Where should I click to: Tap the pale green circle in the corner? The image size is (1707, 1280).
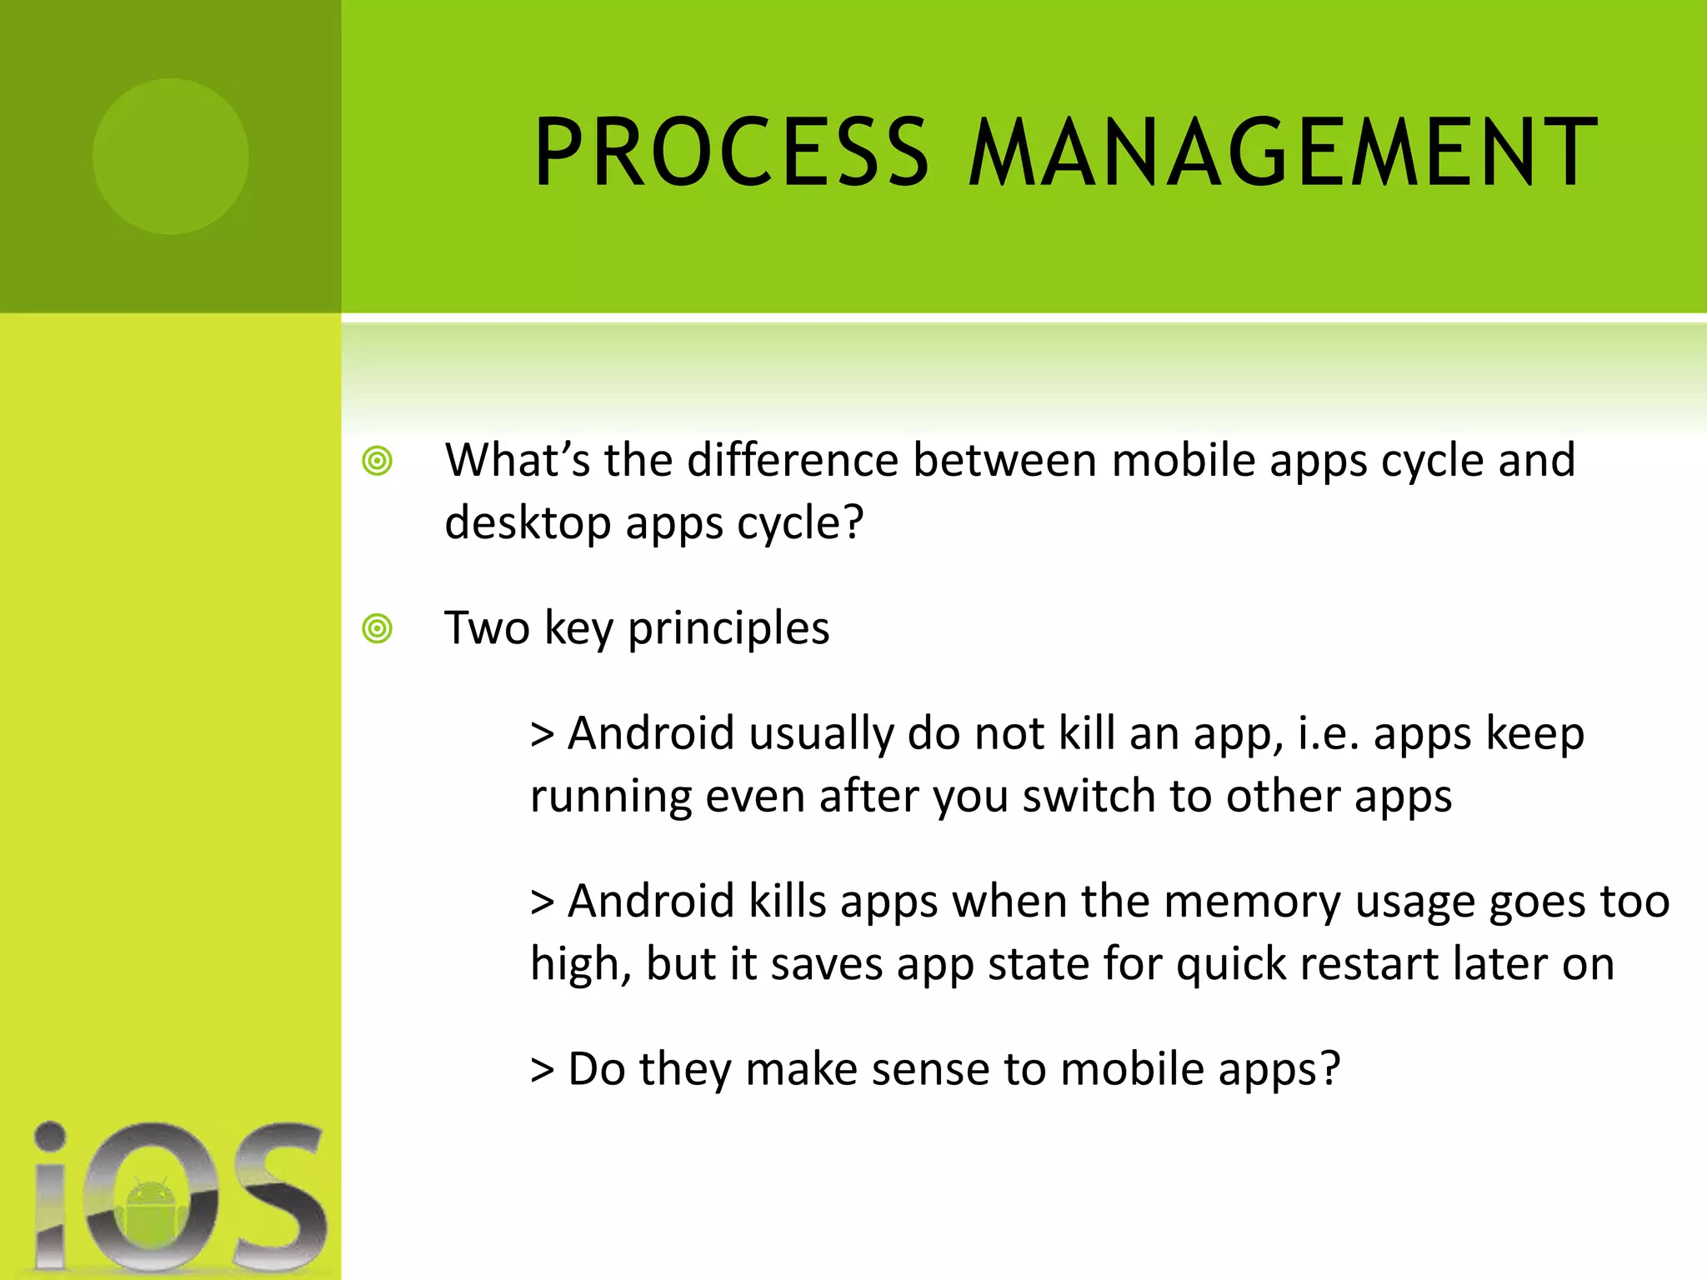[170, 156]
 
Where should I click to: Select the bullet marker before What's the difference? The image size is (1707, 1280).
[377, 461]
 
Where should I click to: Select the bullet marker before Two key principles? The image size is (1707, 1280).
[377, 628]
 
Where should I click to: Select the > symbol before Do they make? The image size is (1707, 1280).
[542, 1070]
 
